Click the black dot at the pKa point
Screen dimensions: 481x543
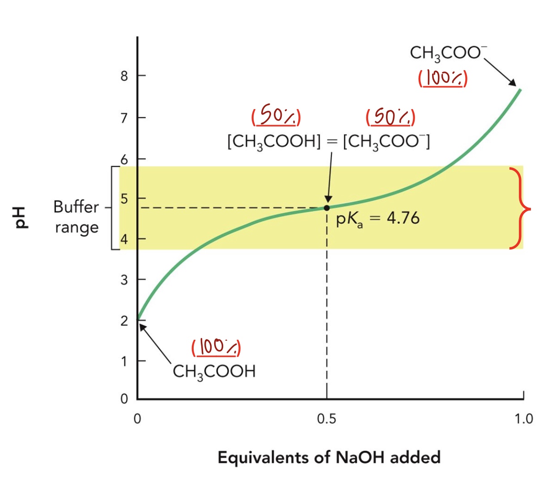(327, 207)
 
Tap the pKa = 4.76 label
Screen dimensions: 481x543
(378, 219)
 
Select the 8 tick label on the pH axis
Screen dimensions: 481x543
(124, 76)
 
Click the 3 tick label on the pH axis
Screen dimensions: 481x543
(124, 280)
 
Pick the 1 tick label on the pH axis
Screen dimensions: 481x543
(124, 361)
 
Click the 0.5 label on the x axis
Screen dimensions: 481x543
(327, 419)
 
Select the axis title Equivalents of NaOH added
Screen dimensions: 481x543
(329, 457)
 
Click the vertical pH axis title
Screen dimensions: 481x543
(21, 218)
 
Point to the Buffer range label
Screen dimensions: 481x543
(76, 217)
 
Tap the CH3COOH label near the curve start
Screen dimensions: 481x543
(214, 371)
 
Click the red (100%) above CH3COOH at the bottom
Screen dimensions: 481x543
(216, 348)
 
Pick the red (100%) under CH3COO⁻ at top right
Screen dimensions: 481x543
(443, 79)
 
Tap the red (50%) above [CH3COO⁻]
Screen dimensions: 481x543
(390, 117)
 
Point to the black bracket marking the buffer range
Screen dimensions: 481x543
(113, 208)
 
